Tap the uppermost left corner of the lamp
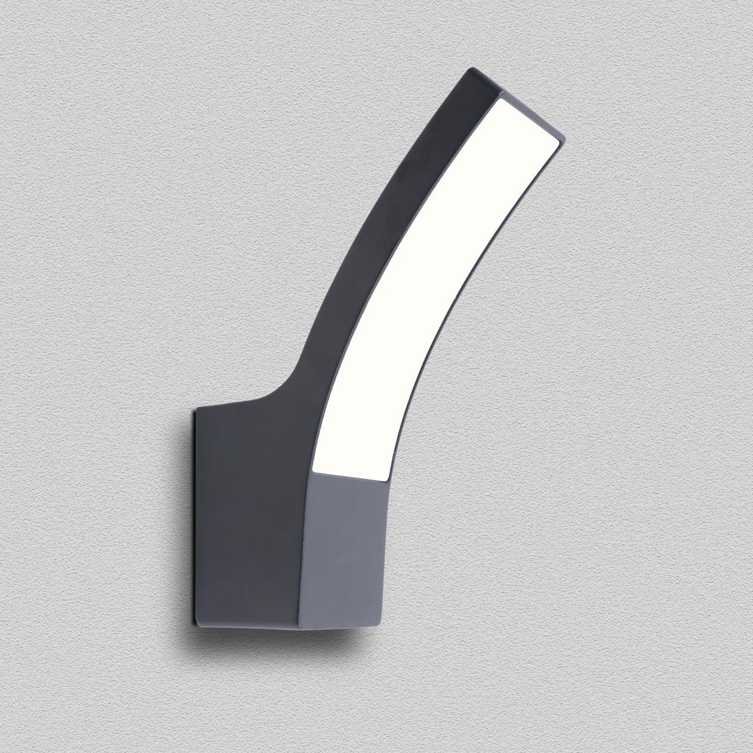pyautogui.click(x=472, y=69)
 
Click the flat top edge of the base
pyautogui.click(x=230, y=405)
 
